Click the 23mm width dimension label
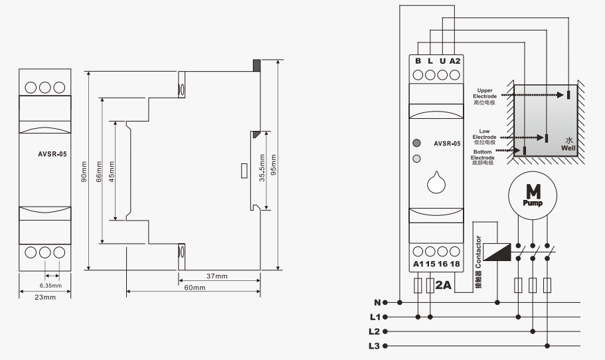point(45,297)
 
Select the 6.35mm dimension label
point(50,286)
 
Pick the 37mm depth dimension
point(216,276)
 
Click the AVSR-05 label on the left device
point(52,153)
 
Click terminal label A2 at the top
point(455,61)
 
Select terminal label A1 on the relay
point(418,264)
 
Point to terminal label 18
point(455,264)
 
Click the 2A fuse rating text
point(444,285)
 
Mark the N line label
point(377,302)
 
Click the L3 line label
point(376,345)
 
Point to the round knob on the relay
point(436,182)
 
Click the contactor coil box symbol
point(498,252)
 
